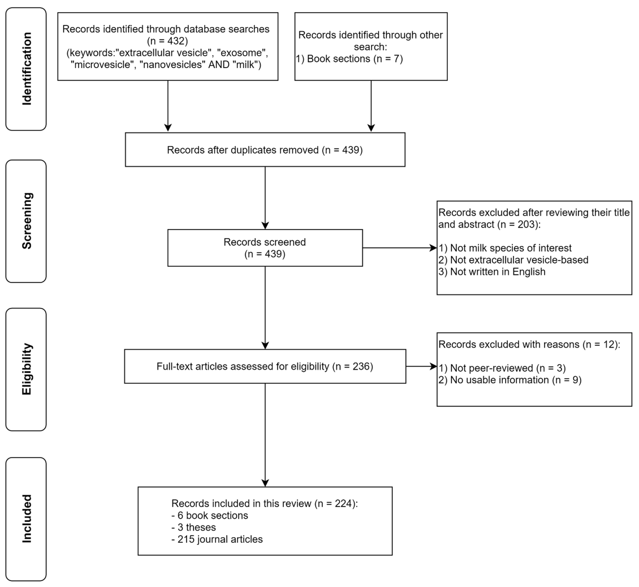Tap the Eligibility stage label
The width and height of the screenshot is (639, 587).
click(27, 369)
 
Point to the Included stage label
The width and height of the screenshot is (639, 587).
click(27, 519)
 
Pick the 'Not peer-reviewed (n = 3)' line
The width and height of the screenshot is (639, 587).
click(502, 368)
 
